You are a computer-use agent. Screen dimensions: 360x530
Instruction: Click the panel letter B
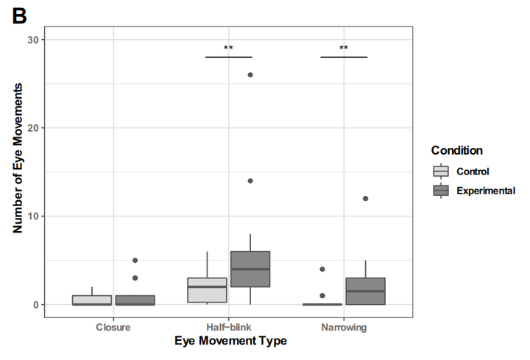pos(18,15)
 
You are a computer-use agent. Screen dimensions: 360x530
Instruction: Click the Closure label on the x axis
pos(113,326)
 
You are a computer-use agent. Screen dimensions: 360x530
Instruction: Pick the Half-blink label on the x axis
pos(228,326)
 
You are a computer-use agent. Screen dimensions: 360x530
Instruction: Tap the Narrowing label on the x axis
pos(344,326)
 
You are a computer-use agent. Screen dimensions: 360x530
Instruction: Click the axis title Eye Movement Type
pos(230,341)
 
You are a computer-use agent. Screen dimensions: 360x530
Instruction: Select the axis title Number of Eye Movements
pos(18,158)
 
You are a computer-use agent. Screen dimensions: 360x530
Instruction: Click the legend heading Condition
pos(456,150)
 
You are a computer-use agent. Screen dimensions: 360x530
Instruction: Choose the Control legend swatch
pos(441,172)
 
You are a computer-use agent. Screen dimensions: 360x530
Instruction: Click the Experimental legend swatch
pos(441,190)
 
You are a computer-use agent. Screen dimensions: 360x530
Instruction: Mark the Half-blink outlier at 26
pos(250,75)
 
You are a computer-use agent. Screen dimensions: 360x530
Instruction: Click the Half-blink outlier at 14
pos(250,181)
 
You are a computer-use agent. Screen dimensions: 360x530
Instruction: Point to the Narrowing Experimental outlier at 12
pos(365,199)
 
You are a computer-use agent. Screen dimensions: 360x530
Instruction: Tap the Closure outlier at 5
pos(135,260)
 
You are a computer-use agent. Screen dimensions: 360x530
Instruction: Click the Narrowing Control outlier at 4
pos(322,269)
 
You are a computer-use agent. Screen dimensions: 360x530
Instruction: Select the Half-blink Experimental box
pos(250,269)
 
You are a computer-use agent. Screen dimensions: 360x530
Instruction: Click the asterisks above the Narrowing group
pos(344,49)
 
